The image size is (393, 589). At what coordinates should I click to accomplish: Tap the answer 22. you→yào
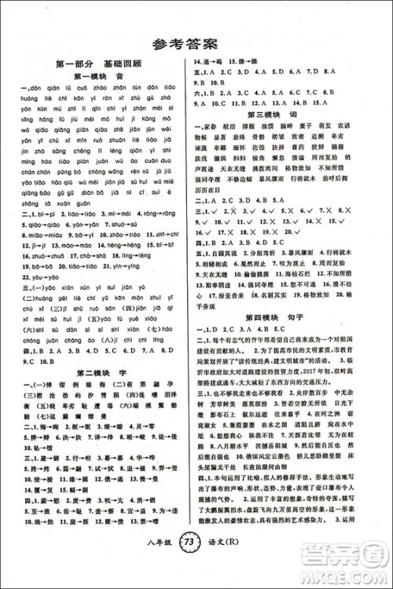click(x=38, y=277)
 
